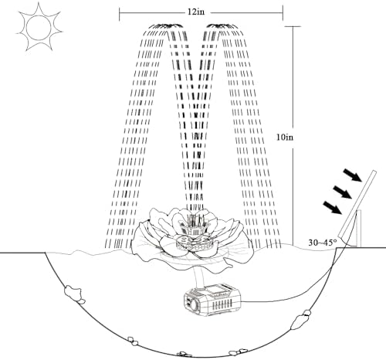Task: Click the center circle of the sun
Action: coord(39,26)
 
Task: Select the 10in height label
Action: coord(285,138)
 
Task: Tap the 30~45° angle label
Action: coord(323,243)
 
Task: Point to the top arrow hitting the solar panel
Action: coord(354,176)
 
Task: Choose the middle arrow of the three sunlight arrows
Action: coord(342,192)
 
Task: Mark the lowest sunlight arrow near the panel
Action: coord(333,208)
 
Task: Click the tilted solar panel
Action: coord(357,204)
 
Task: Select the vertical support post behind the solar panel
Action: coord(358,228)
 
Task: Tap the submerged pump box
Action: coord(212,299)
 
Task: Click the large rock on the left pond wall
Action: coord(73,291)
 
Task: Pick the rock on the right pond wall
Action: coord(300,319)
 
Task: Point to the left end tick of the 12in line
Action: coord(120,14)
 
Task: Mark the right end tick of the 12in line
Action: coord(283,13)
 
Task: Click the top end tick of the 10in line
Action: coord(293,26)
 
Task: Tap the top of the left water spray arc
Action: coord(166,25)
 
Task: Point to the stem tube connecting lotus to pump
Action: coord(198,275)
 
